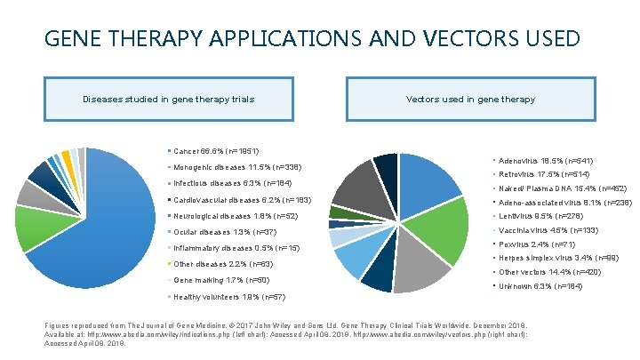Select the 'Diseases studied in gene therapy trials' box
tap(155, 100)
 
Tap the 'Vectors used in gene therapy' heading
tap(470, 100)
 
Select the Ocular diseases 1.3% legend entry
tap(219, 231)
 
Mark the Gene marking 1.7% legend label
tap(218, 280)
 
